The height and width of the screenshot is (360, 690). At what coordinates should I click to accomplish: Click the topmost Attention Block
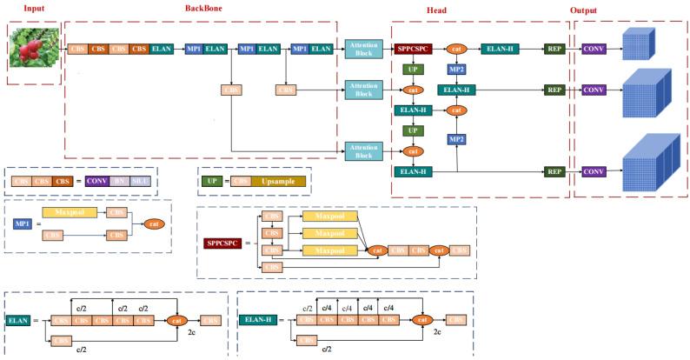(x=363, y=50)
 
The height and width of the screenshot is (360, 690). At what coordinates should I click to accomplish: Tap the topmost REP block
(x=555, y=50)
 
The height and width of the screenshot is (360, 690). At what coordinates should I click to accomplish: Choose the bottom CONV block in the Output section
(x=594, y=171)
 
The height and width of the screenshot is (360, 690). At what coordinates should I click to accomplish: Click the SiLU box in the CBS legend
(x=141, y=181)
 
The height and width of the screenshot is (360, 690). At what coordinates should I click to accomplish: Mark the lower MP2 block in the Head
(x=455, y=138)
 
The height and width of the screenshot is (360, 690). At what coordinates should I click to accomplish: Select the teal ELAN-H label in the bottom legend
(x=256, y=320)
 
